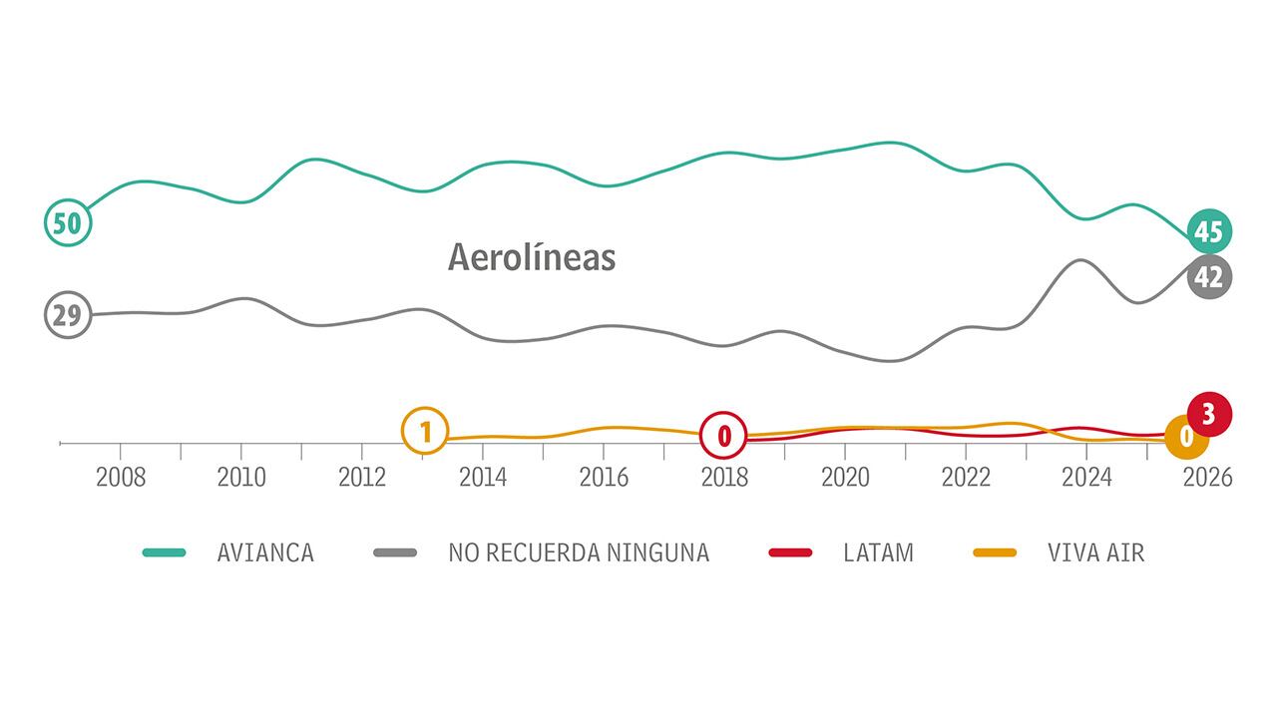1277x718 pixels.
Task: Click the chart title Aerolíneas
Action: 532,257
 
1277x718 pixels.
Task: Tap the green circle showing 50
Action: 68,222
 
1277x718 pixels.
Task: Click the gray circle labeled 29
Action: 68,316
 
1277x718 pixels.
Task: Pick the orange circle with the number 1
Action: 425,433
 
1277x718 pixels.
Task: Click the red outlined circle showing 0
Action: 724,435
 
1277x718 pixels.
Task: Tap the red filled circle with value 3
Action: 1209,414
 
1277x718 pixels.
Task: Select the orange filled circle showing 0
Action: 1187,437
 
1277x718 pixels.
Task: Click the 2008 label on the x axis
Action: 121,478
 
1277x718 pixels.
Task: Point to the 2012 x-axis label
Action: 362,478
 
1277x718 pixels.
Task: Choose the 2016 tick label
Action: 604,478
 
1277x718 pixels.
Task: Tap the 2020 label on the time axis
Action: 845,478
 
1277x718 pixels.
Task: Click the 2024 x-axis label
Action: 1086,478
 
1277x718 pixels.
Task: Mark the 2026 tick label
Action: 1207,478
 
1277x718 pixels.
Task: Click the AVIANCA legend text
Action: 265,552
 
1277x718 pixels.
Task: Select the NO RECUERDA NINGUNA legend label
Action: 579,552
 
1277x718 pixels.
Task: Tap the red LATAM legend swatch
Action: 790,552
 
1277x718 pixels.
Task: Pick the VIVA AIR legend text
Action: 1095,552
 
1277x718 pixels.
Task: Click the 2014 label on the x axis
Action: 483,478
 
